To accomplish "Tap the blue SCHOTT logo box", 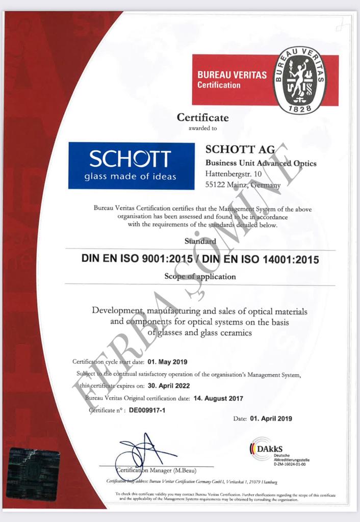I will click(x=132, y=166).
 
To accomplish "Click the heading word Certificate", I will click(x=202, y=118).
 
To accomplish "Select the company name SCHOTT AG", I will click(x=240, y=149).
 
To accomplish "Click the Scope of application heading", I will click(x=200, y=277).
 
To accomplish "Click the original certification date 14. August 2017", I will click(x=219, y=398).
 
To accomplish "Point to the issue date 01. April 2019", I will click(x=270, y=419).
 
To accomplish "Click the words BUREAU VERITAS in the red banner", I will click(x=232, y=75).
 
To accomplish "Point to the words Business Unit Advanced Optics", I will click(x=261, y=163).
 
